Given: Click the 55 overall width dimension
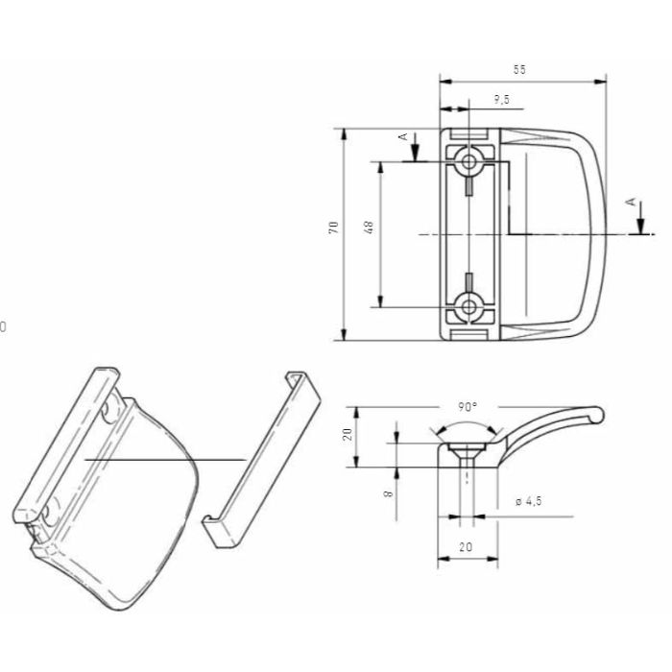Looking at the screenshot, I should pyautogui.click(x=520, y=70).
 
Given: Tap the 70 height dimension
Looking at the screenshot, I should pyautogui.click(x=333, y=228).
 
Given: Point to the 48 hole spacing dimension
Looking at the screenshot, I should pyautogui.click(x=369, y=228).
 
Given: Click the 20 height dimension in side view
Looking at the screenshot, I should pyautogui.click(x=348, y=435).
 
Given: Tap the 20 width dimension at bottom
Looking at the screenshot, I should pyautogui.click(x=467, y=545).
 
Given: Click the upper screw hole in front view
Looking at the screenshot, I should pyautogui.click(x=468, y=161).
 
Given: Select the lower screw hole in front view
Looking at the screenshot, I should pyautogui.click(x=468, y=307).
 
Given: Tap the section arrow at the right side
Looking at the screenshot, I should pyautogui.click(x=639, y=223).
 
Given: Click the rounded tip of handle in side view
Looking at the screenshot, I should pyautogui.click(x=597, y=414).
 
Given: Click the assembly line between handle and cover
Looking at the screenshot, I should pyautogui.click(x=163, y=461).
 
